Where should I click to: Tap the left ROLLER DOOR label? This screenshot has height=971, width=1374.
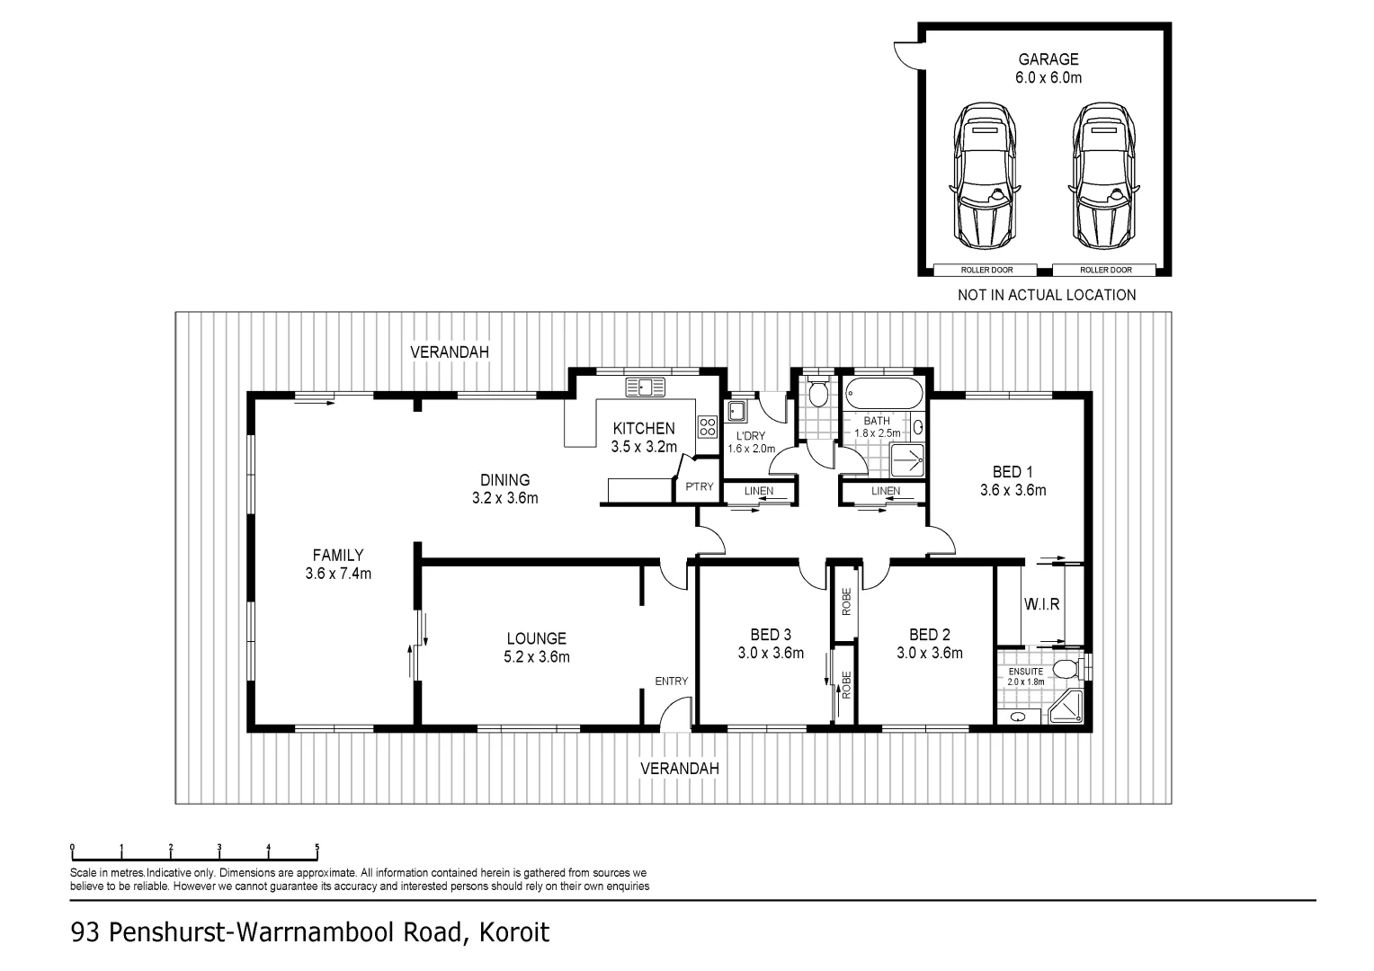pos(985,270)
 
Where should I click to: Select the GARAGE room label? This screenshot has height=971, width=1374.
pos(1048,59)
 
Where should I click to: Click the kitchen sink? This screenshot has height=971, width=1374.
pos(646,387)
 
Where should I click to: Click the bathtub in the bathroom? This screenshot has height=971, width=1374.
pos(882,393)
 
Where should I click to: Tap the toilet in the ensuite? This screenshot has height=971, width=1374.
pos(1067,670)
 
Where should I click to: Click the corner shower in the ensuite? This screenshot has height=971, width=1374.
pos(1067,708)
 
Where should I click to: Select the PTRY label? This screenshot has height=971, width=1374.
pos(700,486)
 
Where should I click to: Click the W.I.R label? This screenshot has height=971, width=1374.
pos(1041,604)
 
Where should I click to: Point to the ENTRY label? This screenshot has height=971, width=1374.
pos(671,681)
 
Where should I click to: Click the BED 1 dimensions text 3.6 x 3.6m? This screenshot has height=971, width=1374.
pos(1013,491)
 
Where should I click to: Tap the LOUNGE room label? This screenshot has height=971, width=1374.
pos(536,638)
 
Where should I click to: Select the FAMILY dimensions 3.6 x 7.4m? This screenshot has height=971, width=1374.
pos(338,574)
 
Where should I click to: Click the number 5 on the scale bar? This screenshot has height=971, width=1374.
pos(317,847)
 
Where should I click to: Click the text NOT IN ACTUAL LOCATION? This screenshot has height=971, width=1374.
pos(1046,295)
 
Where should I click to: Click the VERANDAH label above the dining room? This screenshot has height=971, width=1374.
pos(450,352)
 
